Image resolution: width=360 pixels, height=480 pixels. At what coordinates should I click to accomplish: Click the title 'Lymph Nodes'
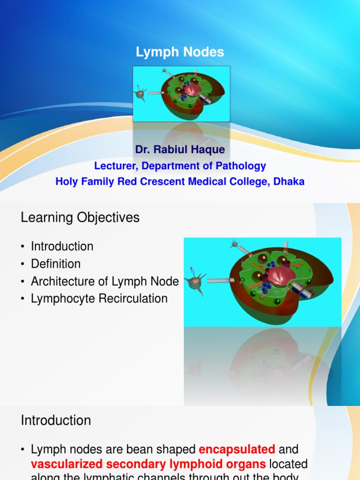[180, 52]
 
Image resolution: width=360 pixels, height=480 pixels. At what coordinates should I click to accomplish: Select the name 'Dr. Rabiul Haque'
[180, 150]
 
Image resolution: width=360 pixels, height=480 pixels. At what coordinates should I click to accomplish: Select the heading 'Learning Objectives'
[80, 217]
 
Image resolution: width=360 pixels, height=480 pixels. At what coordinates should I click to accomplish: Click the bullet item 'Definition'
[56, 264]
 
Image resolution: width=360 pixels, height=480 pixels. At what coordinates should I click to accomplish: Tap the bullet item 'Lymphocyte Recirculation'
[99, 299]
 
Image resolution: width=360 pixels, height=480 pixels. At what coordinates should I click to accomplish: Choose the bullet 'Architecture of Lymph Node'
[105, 281]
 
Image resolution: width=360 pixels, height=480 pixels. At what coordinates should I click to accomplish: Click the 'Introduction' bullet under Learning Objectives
[62, 247]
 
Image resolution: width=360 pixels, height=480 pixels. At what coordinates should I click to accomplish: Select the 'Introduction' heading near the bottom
[56, 420]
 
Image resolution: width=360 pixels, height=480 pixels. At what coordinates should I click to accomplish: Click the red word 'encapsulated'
[237, 450]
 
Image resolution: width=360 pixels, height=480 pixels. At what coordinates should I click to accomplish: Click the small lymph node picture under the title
[181, 94]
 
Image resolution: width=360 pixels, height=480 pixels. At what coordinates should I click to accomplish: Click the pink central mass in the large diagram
[281, 276]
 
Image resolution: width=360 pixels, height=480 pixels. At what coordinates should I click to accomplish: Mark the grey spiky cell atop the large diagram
[234, 244]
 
